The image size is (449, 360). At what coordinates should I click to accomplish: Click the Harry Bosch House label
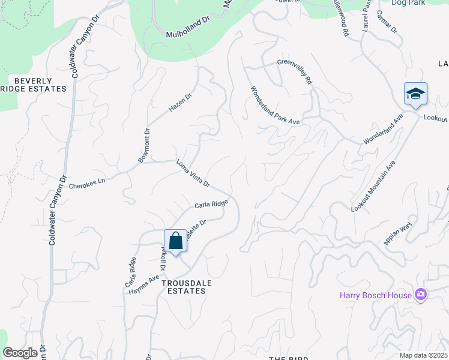coord(376,295)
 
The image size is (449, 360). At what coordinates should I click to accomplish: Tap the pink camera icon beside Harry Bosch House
coord(421,294)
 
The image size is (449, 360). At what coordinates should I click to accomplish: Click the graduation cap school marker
coord(415,94)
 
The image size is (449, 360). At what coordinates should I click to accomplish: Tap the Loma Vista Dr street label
coord(193,173)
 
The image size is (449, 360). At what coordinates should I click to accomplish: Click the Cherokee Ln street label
coord(87,183)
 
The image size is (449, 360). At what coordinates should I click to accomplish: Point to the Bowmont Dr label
coord(143,145)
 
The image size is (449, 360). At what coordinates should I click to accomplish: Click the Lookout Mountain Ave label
coord(374,185)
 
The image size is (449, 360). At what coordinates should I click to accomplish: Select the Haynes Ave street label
coord(143,284)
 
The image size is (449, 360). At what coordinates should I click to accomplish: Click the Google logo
coord(20,353)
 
